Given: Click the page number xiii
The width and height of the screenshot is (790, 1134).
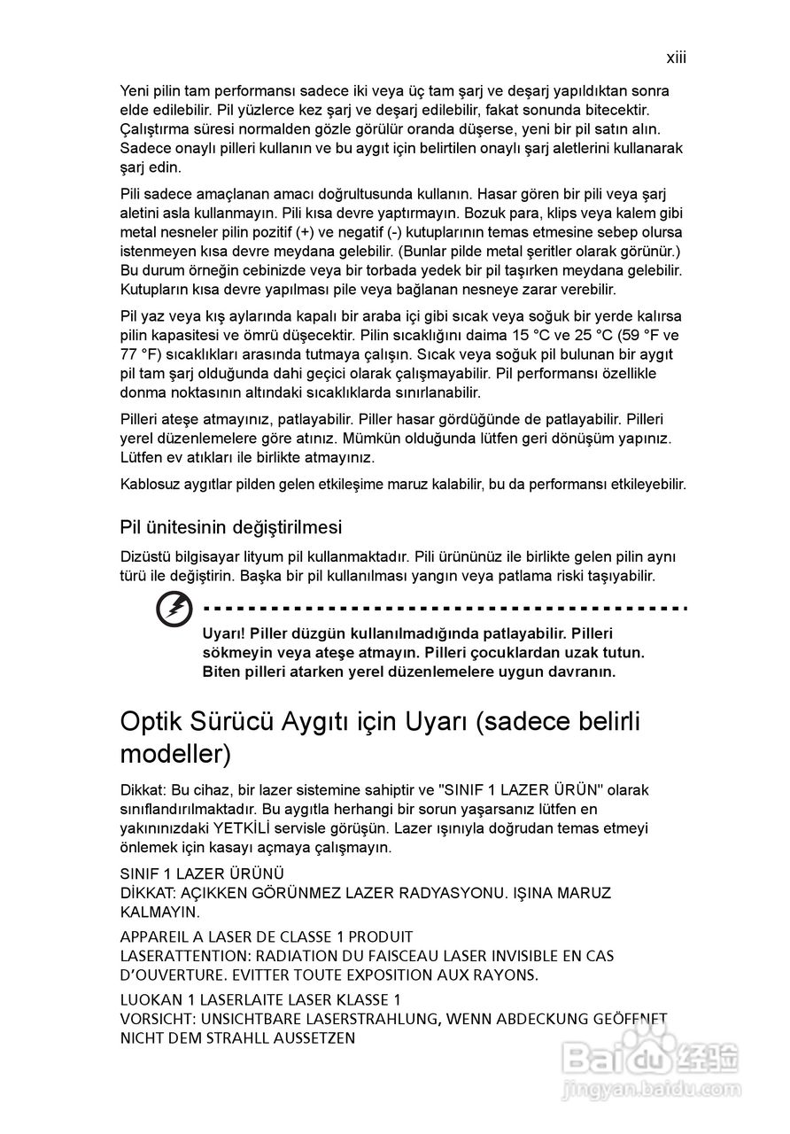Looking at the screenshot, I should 677,58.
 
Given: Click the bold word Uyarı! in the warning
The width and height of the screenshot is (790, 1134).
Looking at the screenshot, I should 224,633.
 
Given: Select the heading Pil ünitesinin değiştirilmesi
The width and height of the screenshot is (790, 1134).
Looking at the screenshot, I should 230,527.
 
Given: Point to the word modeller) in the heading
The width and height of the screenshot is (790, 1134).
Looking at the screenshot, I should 175,754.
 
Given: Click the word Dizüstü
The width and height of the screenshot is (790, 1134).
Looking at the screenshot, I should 145,557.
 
